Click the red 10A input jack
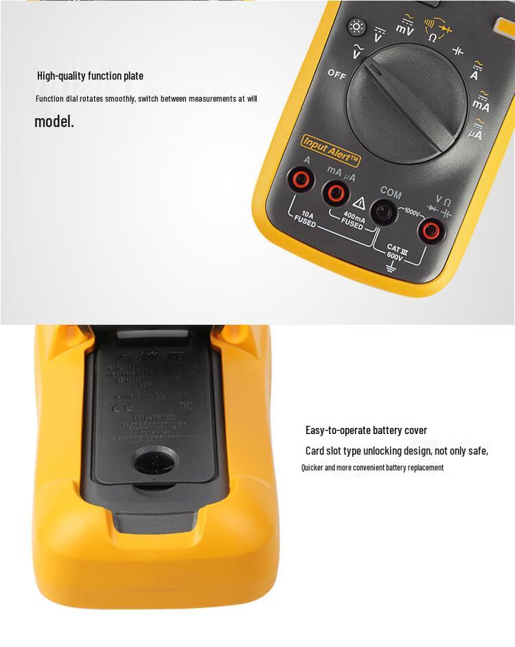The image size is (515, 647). (300, 181)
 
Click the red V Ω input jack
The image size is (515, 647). (431, 230)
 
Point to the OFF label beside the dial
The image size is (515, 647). (336, 74)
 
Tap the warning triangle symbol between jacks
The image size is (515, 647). (358, 203)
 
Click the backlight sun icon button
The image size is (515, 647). (356, 26)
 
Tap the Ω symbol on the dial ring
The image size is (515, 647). (433, 36)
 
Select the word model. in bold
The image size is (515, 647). (54, 122)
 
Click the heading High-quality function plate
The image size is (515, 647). (90, 76)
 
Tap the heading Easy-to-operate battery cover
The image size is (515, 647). (366, 431)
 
